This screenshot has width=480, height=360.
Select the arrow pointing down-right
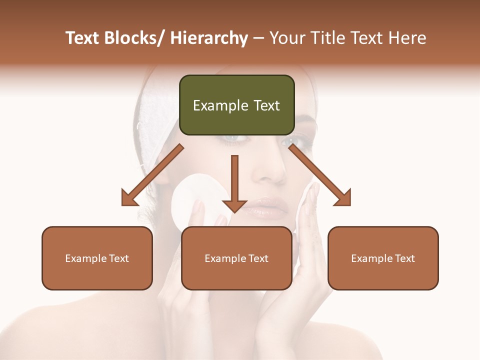click(x=320, y=175)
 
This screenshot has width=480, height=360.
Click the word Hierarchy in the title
click(x=209, y=38)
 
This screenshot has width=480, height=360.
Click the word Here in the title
click(x=407, y=38)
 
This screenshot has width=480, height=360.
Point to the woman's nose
click(x=270, y=170)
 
